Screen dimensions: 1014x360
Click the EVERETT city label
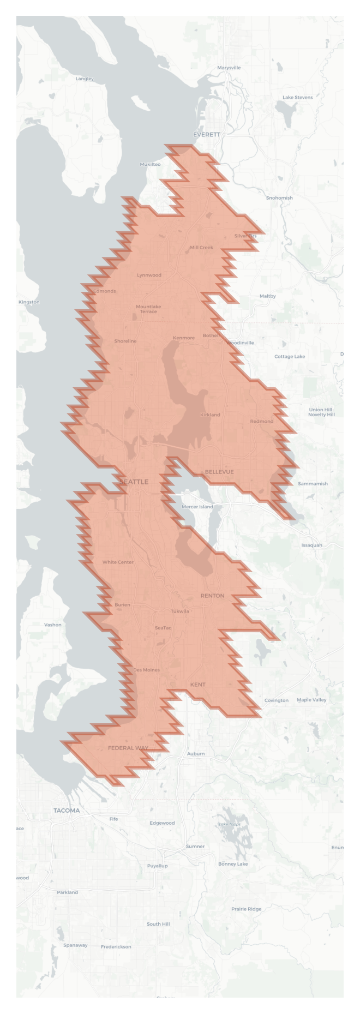coord(207,134)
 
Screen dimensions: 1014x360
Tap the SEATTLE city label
coord(134,482)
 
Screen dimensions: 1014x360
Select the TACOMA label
coord(67,811)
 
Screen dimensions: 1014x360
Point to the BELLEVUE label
coord(219,472)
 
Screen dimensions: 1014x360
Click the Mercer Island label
coord(197,507)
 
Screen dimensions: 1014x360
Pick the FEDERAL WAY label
coord(128,748)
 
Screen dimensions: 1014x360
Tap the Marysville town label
coord(229,68)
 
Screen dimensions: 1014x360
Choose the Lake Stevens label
coord(297,97)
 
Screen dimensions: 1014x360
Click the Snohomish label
coord(279,198)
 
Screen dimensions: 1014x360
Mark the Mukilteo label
coord(150,164)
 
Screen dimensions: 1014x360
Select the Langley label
coord(85,79)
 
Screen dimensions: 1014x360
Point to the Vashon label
coord(53,625)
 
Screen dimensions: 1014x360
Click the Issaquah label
coord(311,545)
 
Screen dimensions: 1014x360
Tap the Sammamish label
coord(313,483)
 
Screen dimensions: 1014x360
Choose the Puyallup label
coord(157,866)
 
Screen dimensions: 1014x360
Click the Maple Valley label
coord(311,700)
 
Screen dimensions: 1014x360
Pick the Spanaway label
coord(75,945)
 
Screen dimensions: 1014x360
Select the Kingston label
coord(29,302)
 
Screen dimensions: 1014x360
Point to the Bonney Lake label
coord(233,864)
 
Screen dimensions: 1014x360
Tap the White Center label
coord(118,562)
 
